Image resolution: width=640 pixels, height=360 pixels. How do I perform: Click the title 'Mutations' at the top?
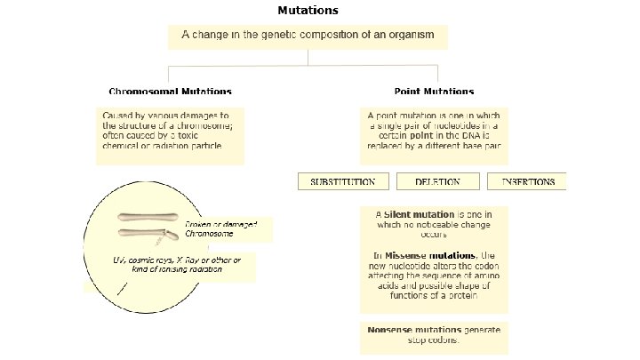tap(308, 11)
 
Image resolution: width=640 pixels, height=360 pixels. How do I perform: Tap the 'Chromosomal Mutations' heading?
tap(171, 92)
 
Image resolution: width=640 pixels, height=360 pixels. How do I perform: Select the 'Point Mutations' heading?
tap(434, 92)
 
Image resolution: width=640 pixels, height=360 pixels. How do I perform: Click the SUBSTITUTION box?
tap(342, 181)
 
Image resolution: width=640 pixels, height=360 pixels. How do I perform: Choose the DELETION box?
tap(437, 181)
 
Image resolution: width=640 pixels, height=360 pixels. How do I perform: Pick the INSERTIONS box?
tap(528, 181)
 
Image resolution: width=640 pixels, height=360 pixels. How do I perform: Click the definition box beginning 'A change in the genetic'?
tap(308, 36)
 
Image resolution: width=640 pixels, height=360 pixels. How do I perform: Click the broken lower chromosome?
tap(148, 236)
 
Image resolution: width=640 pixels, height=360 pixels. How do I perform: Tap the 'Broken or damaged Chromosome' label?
tap(220, 229)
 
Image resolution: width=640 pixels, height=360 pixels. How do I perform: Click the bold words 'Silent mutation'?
tap(419, 214)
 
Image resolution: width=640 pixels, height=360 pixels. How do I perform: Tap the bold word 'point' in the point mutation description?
tap(421, 135)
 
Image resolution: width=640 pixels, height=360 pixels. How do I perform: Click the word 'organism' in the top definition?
tap(406, 36)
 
